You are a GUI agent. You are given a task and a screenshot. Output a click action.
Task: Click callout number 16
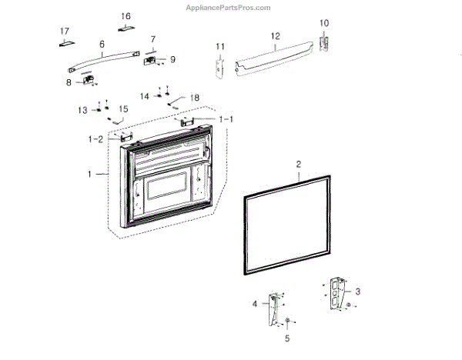click(x=126, y=16)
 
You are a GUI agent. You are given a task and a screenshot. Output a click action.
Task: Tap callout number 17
click(x=65, y=31)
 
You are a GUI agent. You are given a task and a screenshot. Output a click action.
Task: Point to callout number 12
click(x=275, y=36)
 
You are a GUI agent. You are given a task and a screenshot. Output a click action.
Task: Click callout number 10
click(x=324, y=22)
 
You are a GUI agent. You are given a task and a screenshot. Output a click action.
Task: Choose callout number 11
click(x=219, y=47)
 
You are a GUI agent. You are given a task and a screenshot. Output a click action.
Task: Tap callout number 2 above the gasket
click(x=299, y=164)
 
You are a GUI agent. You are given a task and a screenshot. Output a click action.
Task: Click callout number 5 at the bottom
click(x=287, y=337)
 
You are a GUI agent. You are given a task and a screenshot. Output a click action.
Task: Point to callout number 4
click(x=255, y=305)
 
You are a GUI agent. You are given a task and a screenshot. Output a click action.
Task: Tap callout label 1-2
click(x=95, y=138)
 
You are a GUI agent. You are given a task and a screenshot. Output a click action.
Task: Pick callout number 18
click(x=194, y=98)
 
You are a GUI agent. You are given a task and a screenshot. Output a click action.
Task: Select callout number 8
click(x=69, y=82)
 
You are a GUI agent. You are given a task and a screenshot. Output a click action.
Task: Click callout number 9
click(x=172, y=59)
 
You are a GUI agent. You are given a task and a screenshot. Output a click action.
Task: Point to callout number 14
click(x=144, y=96)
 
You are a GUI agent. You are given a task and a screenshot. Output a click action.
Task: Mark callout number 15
click(x=123, y=109)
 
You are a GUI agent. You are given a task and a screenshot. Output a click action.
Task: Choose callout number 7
click(x=152, y=39)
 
